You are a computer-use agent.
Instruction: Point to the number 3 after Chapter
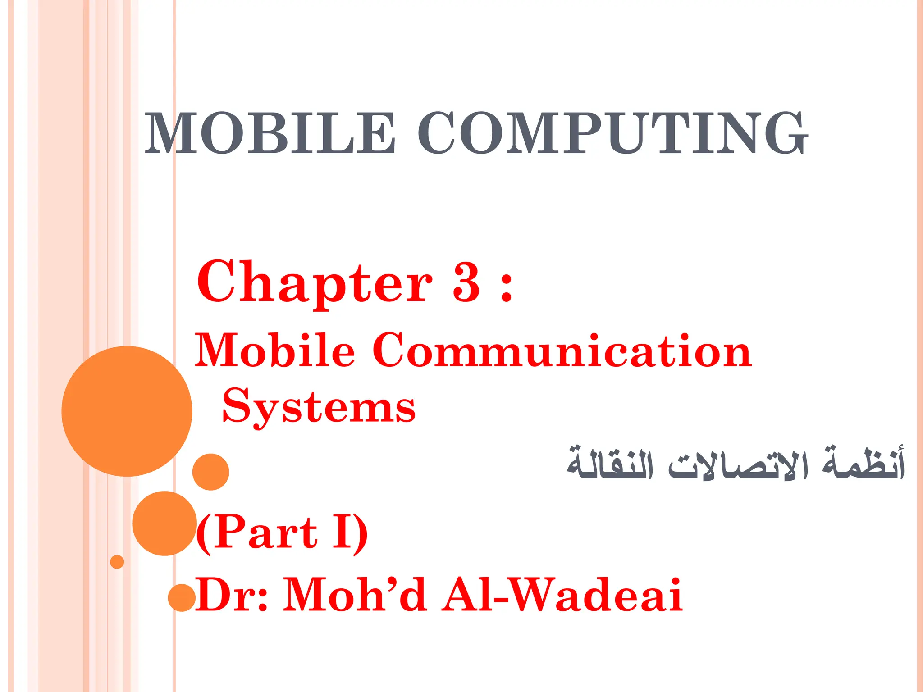466,283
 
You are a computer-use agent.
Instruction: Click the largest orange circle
127,411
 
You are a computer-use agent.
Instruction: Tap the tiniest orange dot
117,562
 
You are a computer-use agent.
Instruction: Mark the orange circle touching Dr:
182,598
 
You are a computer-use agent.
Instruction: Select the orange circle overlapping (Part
164,524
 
